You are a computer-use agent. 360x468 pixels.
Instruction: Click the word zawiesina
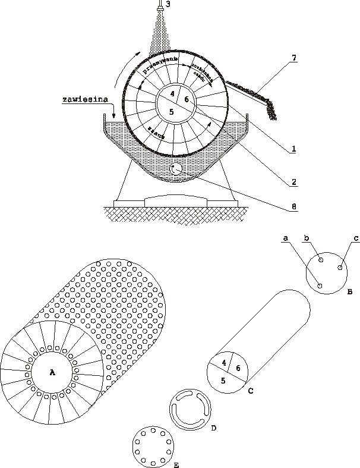[x=83, y=100]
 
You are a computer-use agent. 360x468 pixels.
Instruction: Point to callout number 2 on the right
[x=293, y=180]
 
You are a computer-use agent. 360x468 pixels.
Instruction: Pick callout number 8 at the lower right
[x=293, y=207]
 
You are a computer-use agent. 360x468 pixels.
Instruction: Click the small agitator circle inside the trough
[x=176, y=169]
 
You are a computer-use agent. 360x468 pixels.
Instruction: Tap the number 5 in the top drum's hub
[x=171, y=111]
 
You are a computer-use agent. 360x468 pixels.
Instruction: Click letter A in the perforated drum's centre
[x=52, y=372]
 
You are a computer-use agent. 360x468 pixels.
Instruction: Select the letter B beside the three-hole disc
[x=350, y=291]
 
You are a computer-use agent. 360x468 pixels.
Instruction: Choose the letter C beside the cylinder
[x=250, y=391]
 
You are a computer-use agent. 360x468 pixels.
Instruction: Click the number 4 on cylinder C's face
[x=224, y=363]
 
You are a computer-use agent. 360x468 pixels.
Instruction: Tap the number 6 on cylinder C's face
[x=239, y=369]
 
